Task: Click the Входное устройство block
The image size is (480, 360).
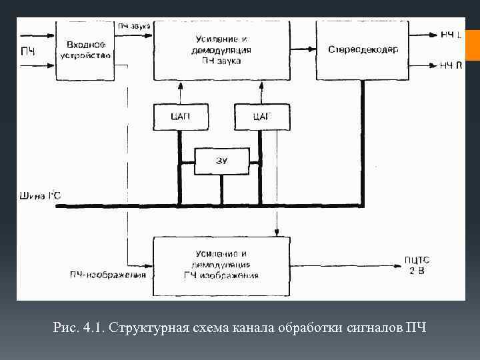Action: [85, 49]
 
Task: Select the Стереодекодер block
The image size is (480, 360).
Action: [363, 49]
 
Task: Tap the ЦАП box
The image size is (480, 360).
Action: [180, 117]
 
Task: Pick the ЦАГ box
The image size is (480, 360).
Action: [262, 117]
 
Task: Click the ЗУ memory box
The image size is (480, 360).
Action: [221, 160]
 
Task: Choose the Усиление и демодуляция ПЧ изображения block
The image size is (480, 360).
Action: [222, 265]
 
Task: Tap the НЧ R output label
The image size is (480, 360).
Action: [451, 65]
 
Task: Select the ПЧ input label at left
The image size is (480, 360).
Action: [28, 51]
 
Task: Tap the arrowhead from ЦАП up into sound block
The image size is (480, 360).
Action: [180, 85]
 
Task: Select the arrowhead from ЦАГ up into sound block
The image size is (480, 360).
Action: [262, 85]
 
